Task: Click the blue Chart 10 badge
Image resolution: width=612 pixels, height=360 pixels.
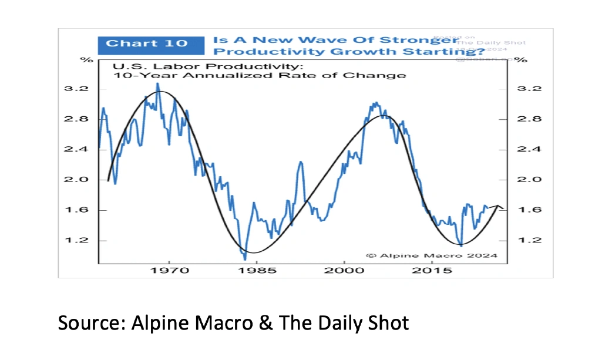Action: tap(147, 43)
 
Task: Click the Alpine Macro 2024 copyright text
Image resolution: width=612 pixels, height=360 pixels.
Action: tap(431, 255)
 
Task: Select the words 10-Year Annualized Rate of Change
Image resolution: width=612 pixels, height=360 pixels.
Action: tap(258, 75)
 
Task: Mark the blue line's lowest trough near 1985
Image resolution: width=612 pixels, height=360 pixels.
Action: tap(245, 258)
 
